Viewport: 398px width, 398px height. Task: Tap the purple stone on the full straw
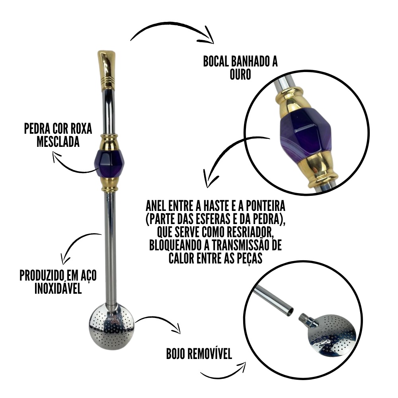(109, 163)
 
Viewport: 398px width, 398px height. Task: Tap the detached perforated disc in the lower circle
(331, 335)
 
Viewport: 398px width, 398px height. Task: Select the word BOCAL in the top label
(216, 61)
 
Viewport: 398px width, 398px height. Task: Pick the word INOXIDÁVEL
(58, 289)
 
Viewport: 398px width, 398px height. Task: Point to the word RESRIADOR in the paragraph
(248, 232)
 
